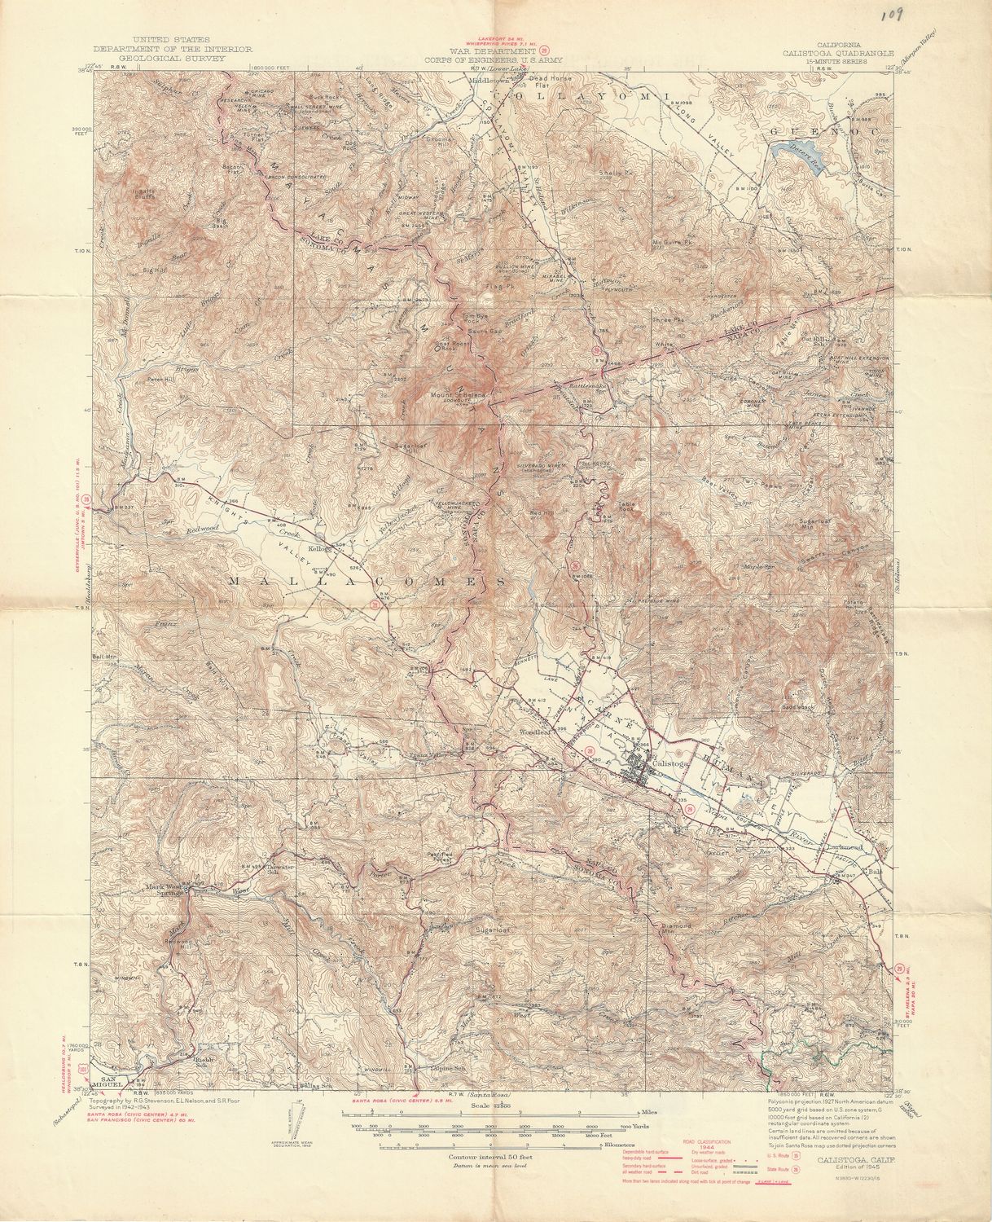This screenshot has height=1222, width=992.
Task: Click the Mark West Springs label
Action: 166,890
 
